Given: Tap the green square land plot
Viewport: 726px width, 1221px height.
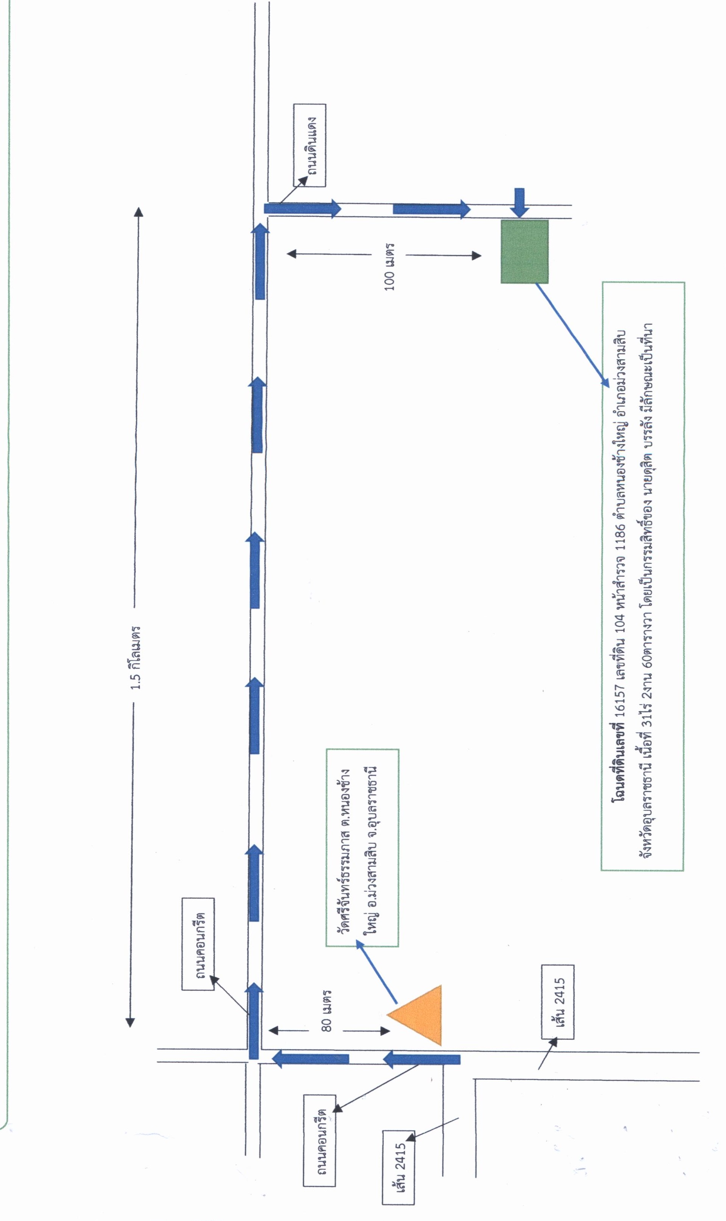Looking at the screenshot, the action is tap(524, 251).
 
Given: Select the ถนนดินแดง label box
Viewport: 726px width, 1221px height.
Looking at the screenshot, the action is tap(310, 145).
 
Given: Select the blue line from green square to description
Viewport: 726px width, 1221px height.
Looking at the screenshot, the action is tap(572, 335).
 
